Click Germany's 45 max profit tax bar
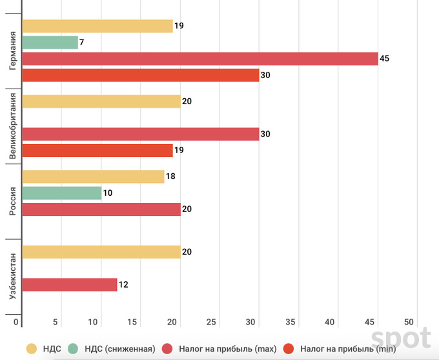pos(200,59)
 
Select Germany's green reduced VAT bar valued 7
pos(50,43)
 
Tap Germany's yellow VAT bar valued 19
pos(97,26)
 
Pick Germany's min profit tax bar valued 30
pos(141,75)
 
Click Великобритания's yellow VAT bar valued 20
pos(101,101)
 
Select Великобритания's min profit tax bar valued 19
pos(97,151)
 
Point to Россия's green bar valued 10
pos(62,193)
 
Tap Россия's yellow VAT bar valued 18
pos(94,176)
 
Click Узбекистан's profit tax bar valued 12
pos(70,284)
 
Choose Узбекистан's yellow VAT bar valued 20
pos(101,252)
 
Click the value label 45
pos(385,59)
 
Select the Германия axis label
pos(12,51)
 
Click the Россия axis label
pos(12,201)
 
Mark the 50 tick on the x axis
pos(409,322)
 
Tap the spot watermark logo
pos(400,338)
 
